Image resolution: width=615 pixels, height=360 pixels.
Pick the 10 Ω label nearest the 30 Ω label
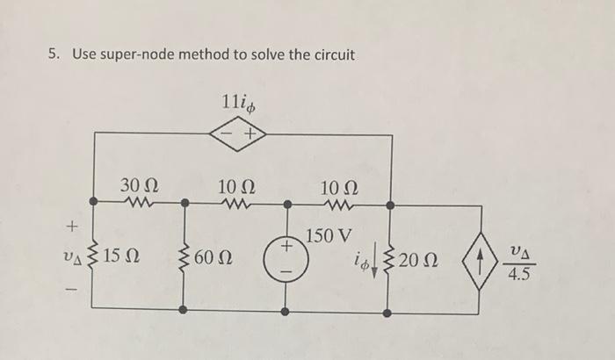pyautogui.click(x=235, y=186)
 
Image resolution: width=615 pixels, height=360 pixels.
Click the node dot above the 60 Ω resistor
pyautogui.click(x=183, y=204)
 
